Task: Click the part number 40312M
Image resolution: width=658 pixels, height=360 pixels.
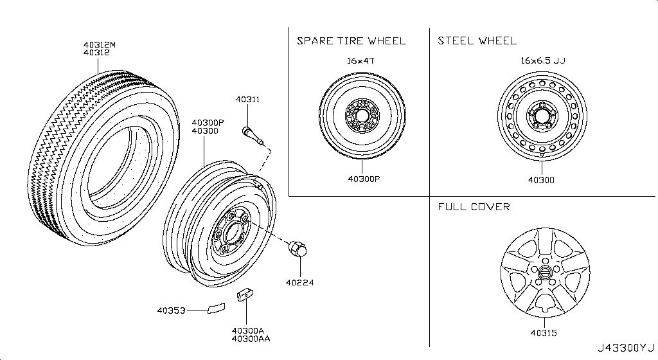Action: point(99,44)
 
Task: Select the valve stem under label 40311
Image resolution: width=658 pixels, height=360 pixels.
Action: point(249,134)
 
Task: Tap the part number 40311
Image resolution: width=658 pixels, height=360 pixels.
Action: point(247,100)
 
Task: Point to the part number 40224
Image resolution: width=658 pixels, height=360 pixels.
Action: point(299,282)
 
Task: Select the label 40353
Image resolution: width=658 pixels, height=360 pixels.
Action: point(171,311)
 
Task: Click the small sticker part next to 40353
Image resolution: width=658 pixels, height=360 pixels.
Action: point(215,308)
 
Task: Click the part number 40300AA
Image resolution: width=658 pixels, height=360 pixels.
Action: point(251,339)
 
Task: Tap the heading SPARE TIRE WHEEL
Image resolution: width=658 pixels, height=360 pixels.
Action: point(351,41)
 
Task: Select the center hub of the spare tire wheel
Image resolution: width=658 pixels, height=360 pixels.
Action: point(362,116)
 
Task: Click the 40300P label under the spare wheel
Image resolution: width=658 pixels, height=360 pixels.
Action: point(363,180)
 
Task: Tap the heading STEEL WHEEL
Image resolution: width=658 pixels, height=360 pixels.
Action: point(477,41)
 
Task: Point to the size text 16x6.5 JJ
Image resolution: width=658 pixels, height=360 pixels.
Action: point(543,61)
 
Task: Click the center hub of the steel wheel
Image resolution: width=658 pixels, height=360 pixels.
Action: point(541,117)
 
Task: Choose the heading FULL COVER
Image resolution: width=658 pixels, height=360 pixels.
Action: point(474,207)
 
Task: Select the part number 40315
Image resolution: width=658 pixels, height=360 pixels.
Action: point(543,333)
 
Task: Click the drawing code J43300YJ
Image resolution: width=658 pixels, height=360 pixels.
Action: point(625,348)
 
